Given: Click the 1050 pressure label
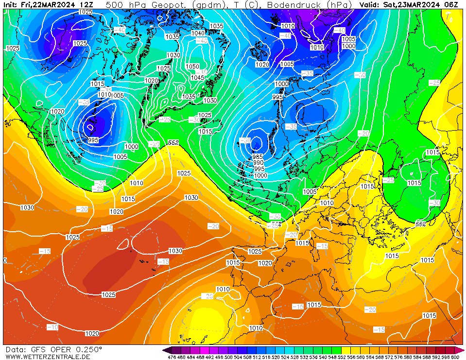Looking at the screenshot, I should pos(192,67).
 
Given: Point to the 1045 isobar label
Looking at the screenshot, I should pos(197,78).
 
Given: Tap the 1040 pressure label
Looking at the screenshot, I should pos(198,33).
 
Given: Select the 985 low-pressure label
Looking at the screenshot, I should pos(258,156).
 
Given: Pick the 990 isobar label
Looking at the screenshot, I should pos(259,163).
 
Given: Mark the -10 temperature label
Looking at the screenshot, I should pos(52,327).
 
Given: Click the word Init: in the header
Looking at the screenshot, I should pos(11,4).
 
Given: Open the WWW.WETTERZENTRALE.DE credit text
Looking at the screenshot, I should pos(48,357).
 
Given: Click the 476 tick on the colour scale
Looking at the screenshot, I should pos(172,357).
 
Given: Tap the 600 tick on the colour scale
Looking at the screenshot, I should pos(455,357).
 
